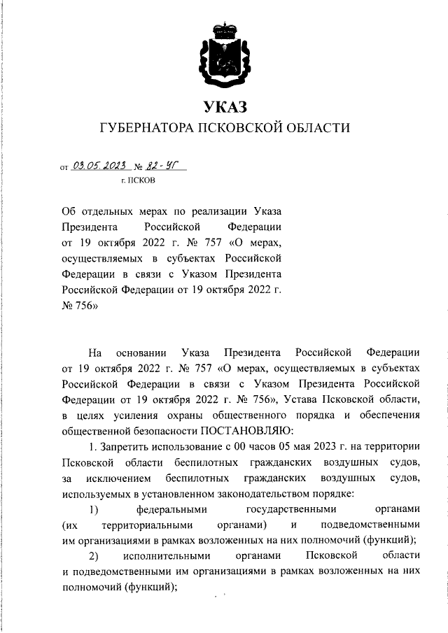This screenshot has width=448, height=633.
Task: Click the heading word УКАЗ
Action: coord(225,107)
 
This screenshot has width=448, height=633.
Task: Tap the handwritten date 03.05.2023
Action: coord(98,166)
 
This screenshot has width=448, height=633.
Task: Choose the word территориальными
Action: coord(147,524)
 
